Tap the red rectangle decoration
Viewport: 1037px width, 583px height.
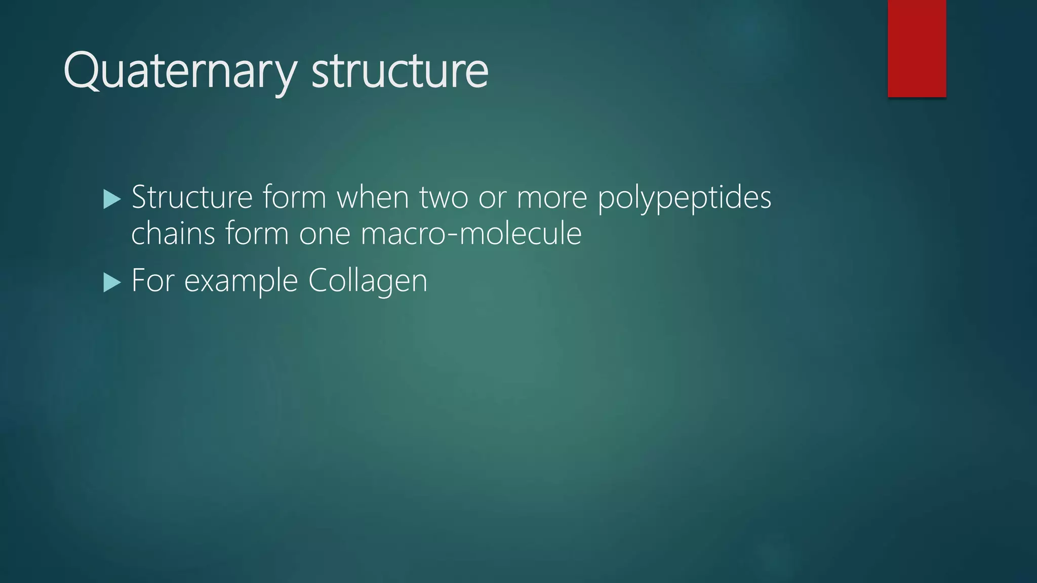coord(916,49)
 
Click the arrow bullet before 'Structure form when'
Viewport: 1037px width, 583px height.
coord(112,199)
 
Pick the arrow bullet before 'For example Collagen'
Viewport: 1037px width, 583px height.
coord(112,282)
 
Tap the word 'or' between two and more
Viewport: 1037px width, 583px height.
coord(492,198)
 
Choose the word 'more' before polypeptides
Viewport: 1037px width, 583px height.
coord(551,198)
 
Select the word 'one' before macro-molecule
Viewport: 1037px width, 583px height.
coord(324,234)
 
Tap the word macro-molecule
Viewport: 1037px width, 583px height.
coord(471,233)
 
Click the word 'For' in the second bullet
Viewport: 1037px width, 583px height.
coord(152,280)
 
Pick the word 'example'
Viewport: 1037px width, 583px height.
coord(241,281)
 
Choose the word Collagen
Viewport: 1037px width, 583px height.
coord(368,281)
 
